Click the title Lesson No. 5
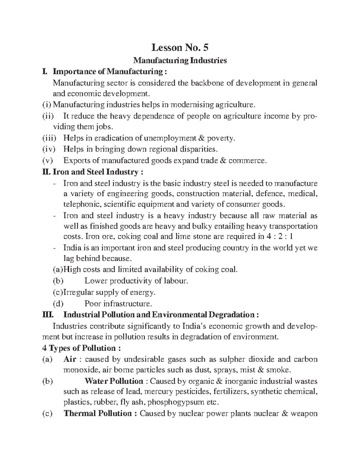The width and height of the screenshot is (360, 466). tap(180, 47)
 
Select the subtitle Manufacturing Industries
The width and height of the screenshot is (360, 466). tap(180, 61)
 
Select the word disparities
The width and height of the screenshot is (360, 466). tap(198, 149)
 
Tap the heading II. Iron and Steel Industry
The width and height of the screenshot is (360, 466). tap(93, 172)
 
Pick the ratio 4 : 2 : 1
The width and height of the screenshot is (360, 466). tap(279, 236)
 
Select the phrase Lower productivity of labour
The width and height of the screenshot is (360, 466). tap(136, 281)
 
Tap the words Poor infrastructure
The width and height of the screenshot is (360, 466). tap(118, 304)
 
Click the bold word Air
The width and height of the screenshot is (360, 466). tap(70, 359)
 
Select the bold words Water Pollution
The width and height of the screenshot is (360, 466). tap(114, 381)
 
